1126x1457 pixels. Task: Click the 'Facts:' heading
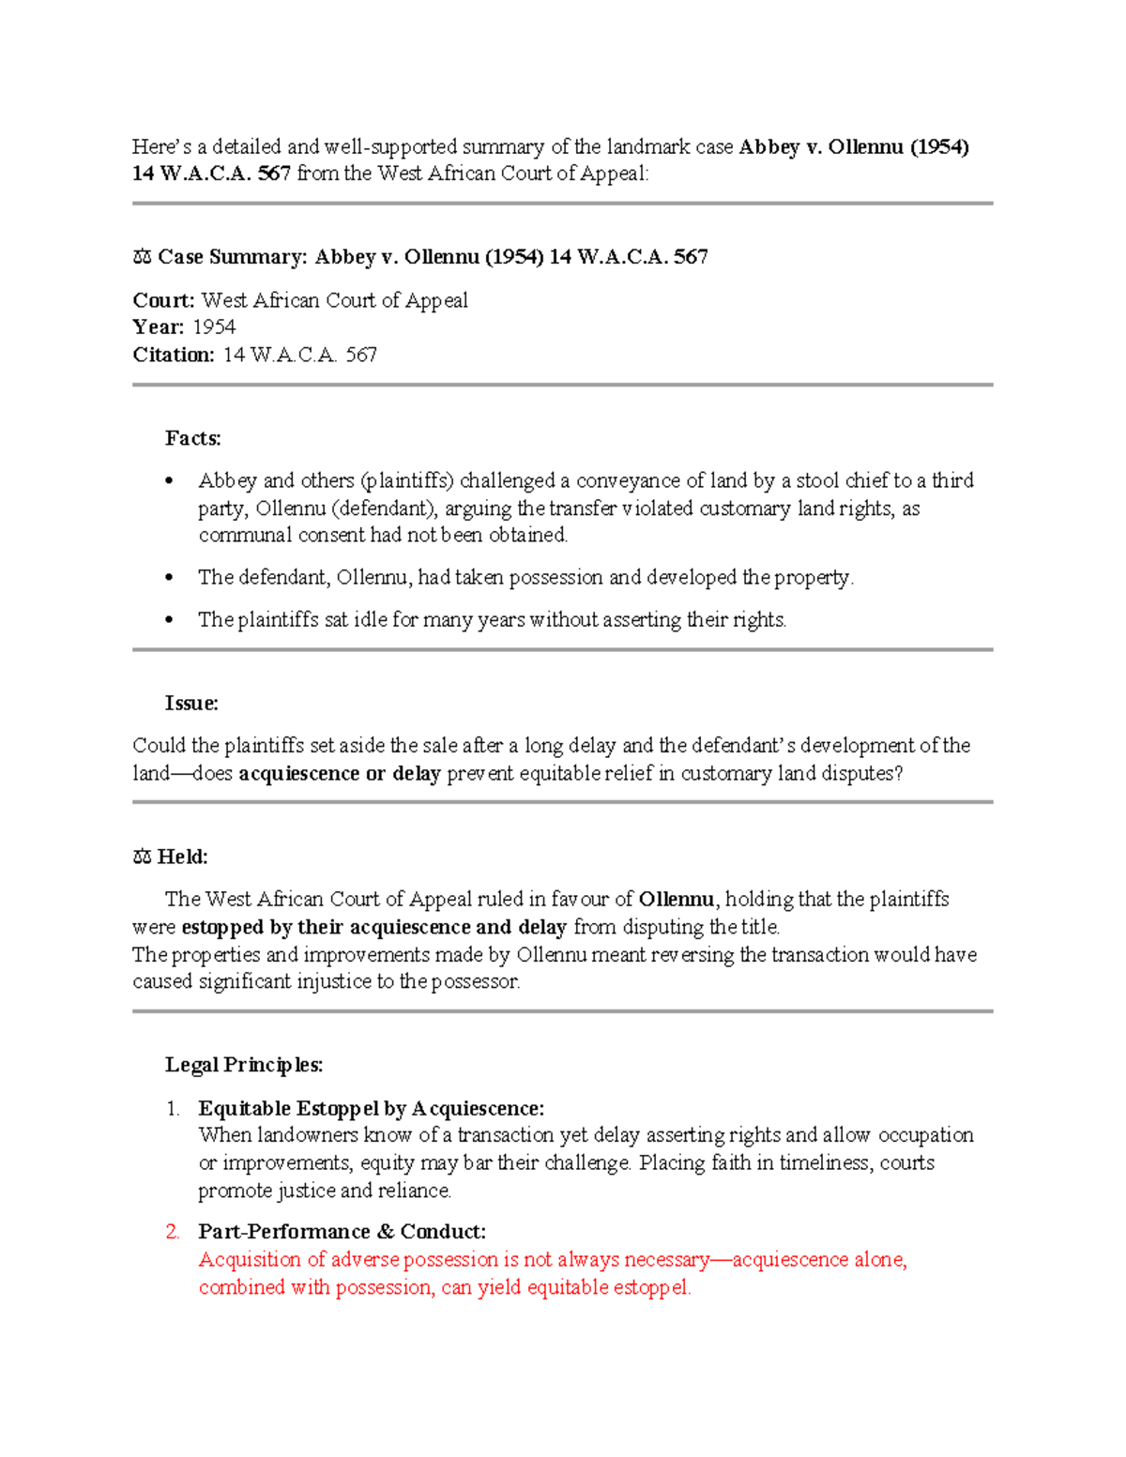[x=192, y=438]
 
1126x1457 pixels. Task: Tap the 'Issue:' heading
[x=191, y=703]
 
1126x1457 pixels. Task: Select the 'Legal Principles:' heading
[x=244, y=1065]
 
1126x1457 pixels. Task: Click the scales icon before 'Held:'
[x=142, y=857]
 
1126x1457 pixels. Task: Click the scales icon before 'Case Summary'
[x=142, y=257]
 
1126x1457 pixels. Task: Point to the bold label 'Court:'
[x=163, y=300]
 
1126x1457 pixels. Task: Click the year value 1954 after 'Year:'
[x=214, y=327]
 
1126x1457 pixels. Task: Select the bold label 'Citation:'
[x=174, y=355]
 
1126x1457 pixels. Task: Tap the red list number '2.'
[x=173, y=1232]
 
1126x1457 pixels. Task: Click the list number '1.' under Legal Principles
[x=173, y=1109]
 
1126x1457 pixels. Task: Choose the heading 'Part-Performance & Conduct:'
[x=342, y=1232]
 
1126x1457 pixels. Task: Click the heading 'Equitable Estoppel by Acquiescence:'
[x=371, y=1109]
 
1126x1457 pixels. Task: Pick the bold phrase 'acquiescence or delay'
[x=340, y=774]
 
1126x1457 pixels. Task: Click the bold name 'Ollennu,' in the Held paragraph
[x=678, y=900]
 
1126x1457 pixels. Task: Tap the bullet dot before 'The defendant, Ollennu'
[x=169, y=578]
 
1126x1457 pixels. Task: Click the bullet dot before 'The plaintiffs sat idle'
[x=169, y=620]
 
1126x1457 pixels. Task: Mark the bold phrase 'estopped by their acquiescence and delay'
[x=373, y=928]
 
